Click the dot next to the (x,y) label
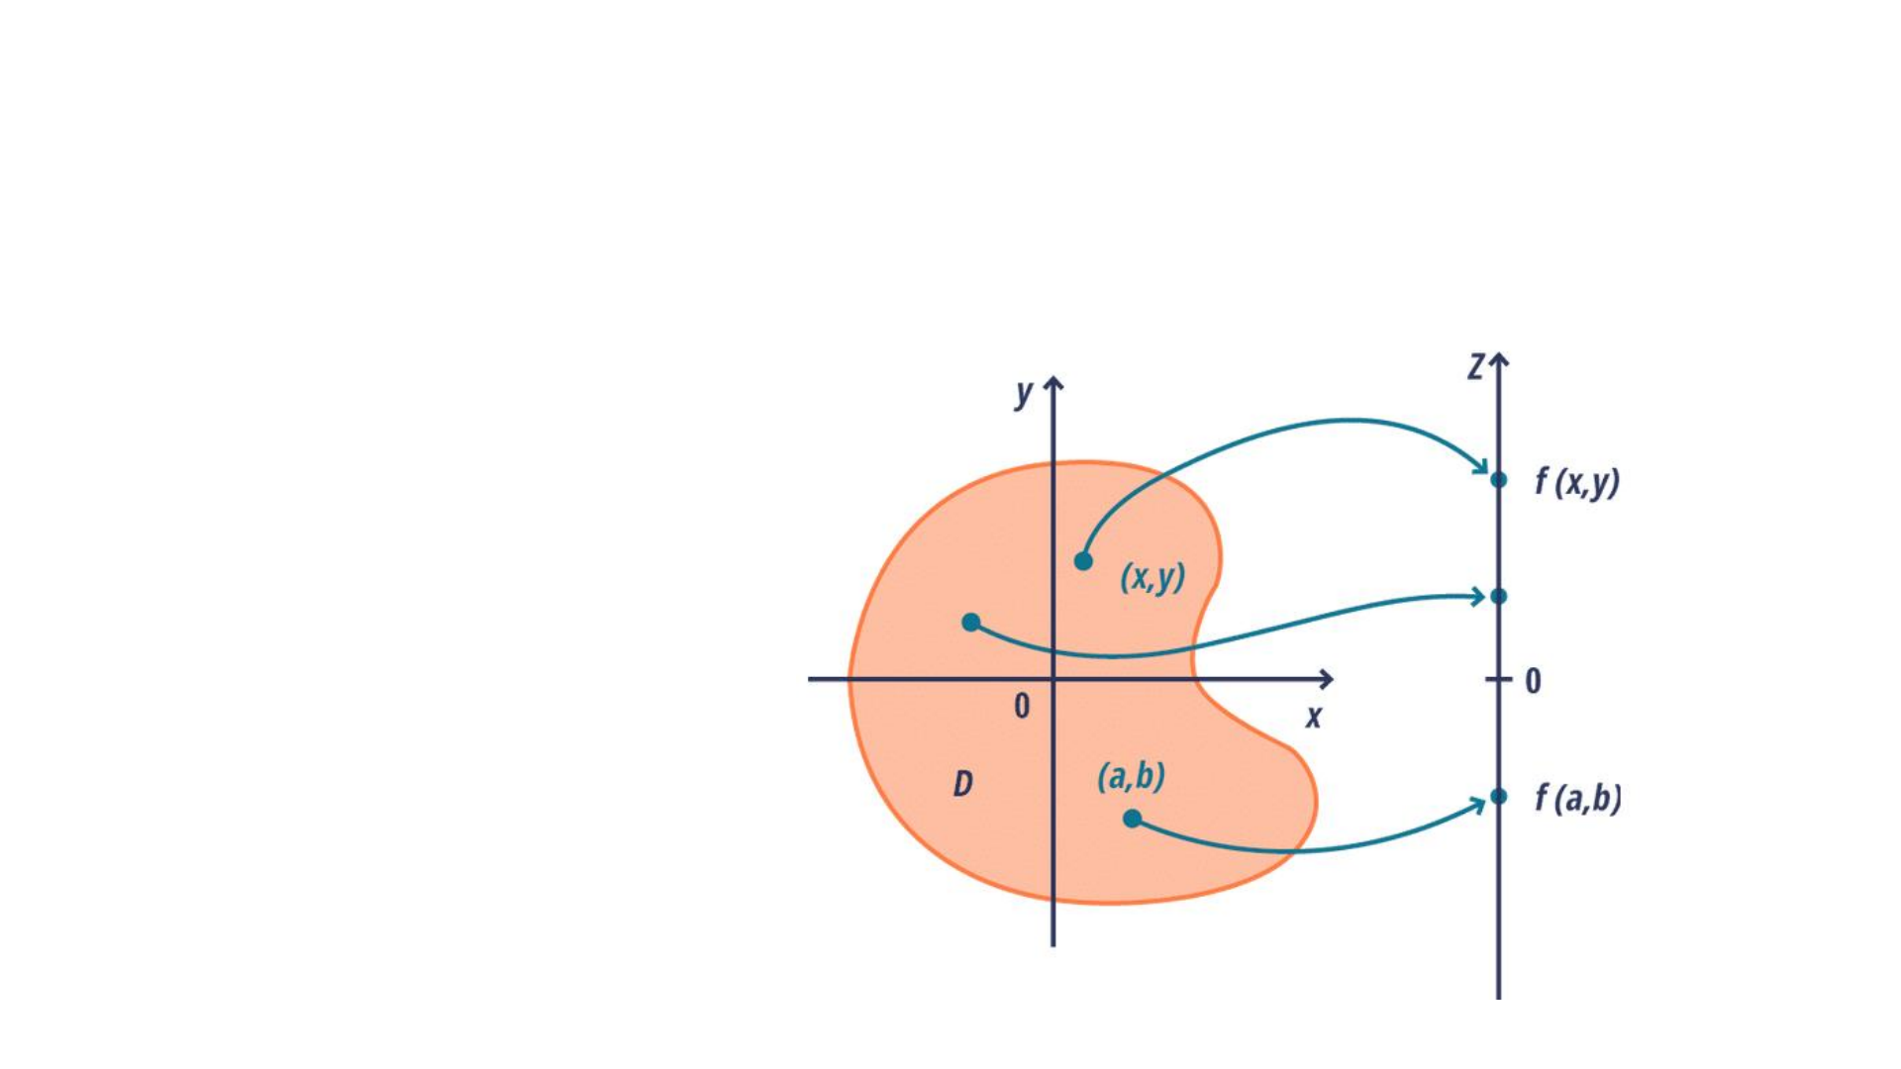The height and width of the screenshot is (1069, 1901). [1083, 561]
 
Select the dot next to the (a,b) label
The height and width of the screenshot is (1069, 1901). [1133, 819]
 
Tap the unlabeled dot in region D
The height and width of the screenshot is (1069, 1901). [971, 623]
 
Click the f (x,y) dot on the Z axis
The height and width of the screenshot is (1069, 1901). [1499, 480]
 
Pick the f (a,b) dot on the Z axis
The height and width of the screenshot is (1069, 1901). [1499, 796]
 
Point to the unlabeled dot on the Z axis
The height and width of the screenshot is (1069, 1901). [1499, 596]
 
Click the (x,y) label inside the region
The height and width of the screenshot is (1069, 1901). [1152, 576]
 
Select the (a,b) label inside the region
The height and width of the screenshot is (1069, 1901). [1131, 776]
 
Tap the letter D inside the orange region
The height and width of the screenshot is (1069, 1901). [962, 785]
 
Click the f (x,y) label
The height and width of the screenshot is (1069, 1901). [1577, 482]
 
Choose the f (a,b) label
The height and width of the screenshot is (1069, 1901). [1578, 798]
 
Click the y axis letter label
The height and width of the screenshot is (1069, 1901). [1024, 393]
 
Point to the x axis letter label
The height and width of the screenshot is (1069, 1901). [1314, 717]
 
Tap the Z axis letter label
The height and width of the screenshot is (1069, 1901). [1476, 367]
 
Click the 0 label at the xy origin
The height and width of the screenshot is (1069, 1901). [1022, 706]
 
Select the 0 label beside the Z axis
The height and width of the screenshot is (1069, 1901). [1533, 681]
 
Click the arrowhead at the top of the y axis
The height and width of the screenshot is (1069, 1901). [1053, 382]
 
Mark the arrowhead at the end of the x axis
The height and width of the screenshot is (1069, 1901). [1327, 679]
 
